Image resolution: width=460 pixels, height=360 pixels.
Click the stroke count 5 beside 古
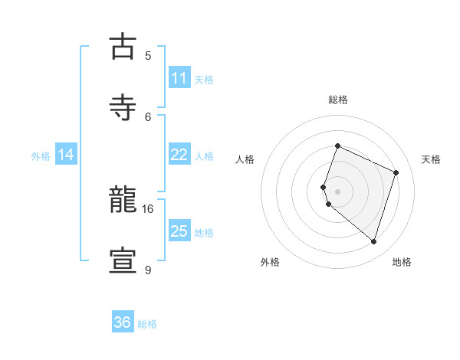click(x=148, y=55)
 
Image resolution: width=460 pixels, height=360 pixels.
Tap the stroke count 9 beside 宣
click(x=148, y=270)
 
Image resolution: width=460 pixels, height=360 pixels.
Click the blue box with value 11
click(x=179, y=78)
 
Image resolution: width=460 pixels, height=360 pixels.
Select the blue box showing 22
click(x=179, y=155)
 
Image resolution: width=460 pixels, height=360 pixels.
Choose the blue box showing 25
click(x=179, y=231)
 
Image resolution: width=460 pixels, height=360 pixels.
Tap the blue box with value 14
click(x=66, y=155)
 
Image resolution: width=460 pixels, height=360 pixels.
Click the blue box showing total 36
click(x=122, y=322)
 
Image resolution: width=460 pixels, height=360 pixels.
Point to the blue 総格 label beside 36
click(x=147, y=324)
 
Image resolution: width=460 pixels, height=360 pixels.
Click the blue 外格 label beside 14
click(x=41, y=156)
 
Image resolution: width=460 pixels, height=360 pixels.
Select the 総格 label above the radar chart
click(x=337, y=100)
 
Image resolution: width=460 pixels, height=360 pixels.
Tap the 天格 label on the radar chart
click(x=431, y=159)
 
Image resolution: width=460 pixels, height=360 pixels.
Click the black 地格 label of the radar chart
click(x=402, y=262)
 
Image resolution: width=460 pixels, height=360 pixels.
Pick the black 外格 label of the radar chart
click(x=270, y=262)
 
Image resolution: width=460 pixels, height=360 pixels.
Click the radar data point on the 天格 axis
click(x=396, y=172)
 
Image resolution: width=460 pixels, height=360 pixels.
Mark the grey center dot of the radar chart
click(x=337, y=191)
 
